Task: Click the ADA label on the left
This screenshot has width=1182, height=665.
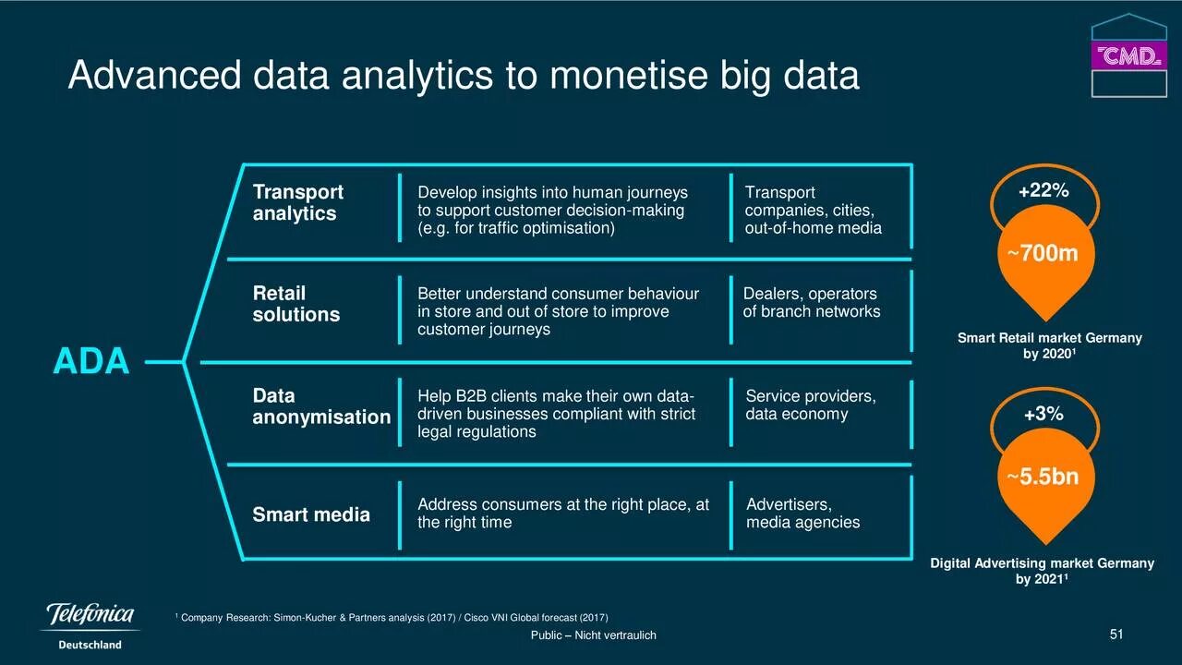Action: [x=90, y=361]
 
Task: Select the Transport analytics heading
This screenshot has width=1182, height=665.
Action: [x=297, y=202]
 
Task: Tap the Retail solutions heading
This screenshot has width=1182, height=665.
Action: [x=295, y=304]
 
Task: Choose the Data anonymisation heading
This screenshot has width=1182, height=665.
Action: [x=321, y=406]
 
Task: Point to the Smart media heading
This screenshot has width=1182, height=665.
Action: [x=311, y=514]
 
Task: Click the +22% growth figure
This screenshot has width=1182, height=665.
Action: [x=1043, y=191]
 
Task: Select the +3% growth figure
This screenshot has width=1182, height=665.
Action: [x=1043, y=415]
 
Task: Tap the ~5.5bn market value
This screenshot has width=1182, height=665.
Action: [x=1043, y=478]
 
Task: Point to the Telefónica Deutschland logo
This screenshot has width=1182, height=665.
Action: [x=90, y=624]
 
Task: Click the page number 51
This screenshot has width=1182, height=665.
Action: [x=1116, y=634]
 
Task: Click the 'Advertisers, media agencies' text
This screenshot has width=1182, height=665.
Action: [x=802, y=514]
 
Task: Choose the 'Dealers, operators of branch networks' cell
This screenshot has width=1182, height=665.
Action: [x=811, y=303]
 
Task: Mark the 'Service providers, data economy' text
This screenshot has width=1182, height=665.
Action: [x=810, y=405]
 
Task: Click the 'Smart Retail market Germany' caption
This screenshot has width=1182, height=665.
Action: [x=1049, y=338]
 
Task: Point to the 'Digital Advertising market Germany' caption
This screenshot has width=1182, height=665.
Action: [x=1042, y=563]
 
